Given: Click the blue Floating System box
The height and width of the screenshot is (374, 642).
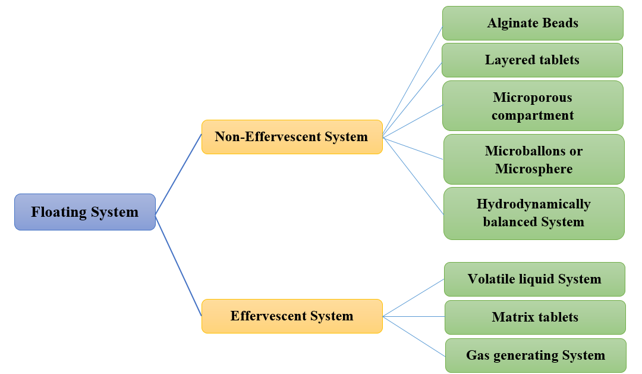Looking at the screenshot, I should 84,212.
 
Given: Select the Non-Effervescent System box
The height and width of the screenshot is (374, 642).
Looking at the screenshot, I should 291,137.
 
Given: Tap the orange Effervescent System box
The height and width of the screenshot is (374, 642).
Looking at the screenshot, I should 291,316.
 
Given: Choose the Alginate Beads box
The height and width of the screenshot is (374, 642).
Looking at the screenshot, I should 533,23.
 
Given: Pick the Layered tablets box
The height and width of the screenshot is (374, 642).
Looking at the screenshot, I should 532,60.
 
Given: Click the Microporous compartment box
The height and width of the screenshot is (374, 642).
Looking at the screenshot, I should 533,106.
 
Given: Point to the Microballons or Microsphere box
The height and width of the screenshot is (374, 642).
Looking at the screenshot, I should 534,160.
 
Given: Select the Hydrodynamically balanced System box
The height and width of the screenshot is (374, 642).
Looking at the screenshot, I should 534,213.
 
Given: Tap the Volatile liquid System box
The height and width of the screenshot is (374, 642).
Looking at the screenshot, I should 534,279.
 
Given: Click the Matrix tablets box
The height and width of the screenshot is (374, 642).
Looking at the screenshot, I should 535,317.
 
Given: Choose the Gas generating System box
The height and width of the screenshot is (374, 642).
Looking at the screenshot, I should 536,356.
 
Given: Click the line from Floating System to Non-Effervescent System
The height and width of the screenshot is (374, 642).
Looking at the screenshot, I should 178,174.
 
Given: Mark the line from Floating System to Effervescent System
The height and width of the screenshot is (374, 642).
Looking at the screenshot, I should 178,265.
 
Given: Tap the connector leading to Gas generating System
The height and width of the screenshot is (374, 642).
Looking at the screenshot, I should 414,336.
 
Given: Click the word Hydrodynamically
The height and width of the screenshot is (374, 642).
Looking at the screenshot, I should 534,204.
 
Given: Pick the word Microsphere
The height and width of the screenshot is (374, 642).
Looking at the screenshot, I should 534,169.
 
